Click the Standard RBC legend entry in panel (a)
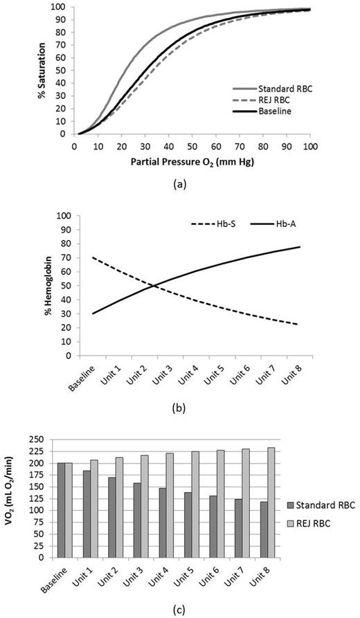(x=270, y=90)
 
